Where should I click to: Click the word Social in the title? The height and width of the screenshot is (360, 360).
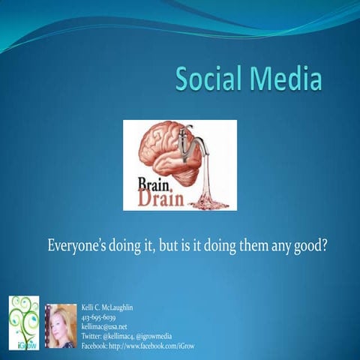(210, 79)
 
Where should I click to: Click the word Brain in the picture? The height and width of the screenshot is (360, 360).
(154, 182)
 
